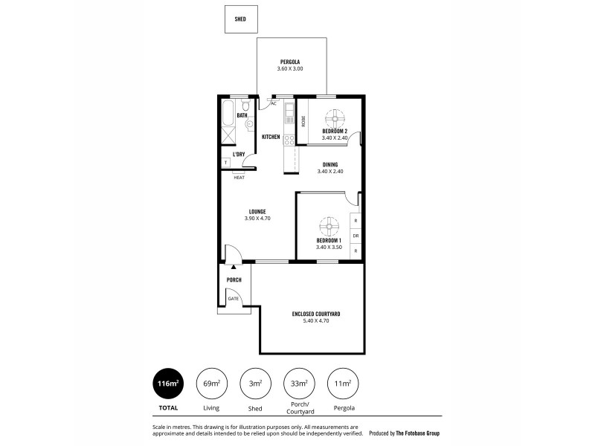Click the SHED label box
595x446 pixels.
coord(239,19)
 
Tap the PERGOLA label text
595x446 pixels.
coord(290,61)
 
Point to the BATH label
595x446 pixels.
coord(242,116)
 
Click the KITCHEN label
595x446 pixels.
coord(271,137)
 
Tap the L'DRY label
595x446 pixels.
coord(239,155)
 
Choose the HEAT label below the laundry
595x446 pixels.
coord(239,178)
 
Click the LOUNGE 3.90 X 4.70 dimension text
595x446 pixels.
coord(257,219)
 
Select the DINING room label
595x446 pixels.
coord(330,164)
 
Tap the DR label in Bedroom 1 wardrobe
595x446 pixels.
coord(356,236)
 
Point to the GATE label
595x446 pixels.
coord(234,298)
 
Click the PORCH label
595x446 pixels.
coord(234,279)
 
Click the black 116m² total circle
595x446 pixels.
coord(167,384)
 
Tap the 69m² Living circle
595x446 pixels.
coord(211,384)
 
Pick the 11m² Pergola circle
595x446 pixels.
coord(343,384)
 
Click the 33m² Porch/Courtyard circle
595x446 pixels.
coord(299,384)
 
